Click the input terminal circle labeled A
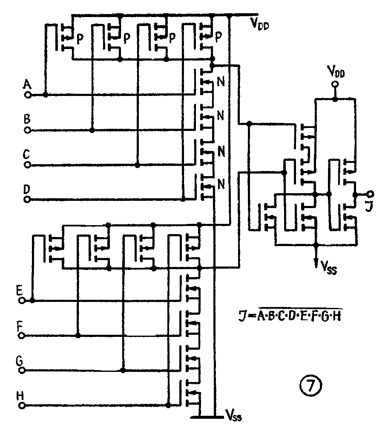point(28,95)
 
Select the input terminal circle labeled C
point(28,165)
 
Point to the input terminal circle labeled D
point(28,199)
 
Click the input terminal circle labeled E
point(22,301)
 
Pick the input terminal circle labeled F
point(22,336)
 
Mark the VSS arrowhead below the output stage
point(316,263)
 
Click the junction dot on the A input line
point(46,95)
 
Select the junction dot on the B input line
point(92,130)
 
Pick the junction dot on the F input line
point(78,336)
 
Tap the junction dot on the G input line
point(124,369)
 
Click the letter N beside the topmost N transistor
point(221,83)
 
